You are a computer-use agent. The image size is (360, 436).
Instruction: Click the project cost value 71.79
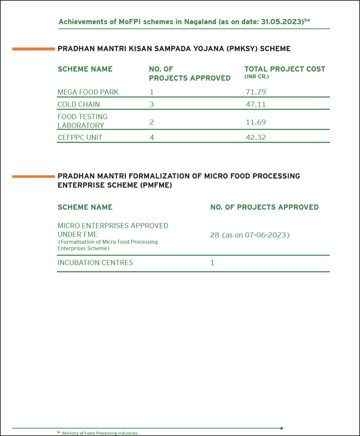click(256, 92)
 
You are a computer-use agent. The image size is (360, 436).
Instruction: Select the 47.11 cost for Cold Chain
click(256, 105)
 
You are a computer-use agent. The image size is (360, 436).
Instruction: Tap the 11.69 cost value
click(256, 122)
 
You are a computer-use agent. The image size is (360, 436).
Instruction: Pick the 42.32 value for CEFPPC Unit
click(256, 137)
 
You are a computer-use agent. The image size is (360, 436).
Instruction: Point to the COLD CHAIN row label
click(78, 105)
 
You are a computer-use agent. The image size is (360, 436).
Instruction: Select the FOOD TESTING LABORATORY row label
click(82, 121)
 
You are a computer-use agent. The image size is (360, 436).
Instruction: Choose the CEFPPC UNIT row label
click(80, 137)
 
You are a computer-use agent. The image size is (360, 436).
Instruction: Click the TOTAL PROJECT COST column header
click(284, 69)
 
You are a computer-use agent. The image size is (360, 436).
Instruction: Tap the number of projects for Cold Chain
click(152, 105)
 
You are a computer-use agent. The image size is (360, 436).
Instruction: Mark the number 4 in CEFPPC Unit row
click(152, 137)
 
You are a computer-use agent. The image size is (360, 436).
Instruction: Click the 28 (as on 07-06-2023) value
click(249, 235)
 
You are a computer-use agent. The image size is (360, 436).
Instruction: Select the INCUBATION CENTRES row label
click(95, 263)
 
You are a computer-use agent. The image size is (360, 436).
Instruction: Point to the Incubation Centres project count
click(212, 263)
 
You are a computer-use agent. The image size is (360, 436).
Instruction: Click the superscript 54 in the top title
click(307, 20)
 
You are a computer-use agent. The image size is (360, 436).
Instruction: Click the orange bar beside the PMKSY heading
click(33, 49)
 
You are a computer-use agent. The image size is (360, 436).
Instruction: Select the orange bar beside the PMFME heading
click(33, 176)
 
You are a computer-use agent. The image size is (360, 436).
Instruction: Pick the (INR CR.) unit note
click(256, 77)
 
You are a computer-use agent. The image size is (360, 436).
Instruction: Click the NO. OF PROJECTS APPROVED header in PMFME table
click(264, 207)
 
